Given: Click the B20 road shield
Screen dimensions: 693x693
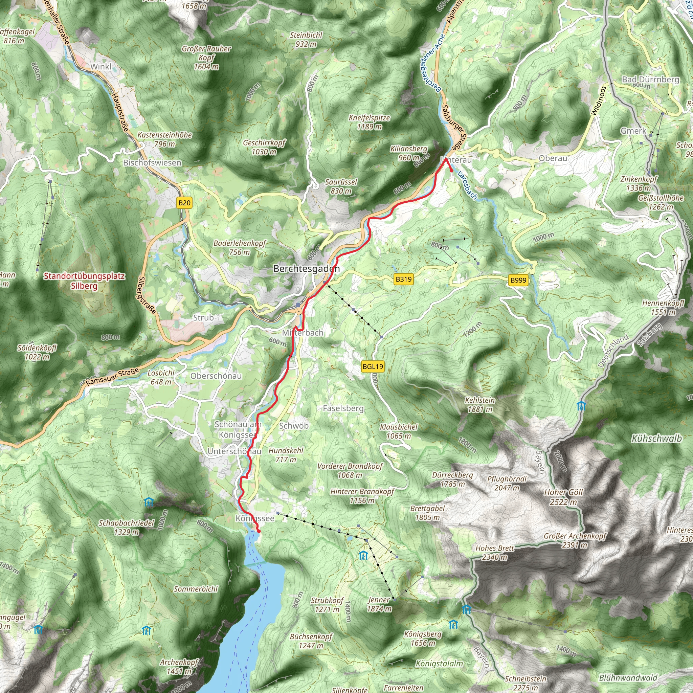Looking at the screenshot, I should (x=184, y=203).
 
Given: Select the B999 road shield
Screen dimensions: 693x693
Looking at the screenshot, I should (x=518, y=280).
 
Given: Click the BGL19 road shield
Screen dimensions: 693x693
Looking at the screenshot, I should (x=373, y=366).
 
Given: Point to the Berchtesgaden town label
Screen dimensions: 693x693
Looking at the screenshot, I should (x=306, y=269).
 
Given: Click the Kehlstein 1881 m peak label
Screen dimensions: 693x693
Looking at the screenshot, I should (x=479, y=405).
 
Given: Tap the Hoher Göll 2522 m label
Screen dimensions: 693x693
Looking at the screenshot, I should (x=563, y=497).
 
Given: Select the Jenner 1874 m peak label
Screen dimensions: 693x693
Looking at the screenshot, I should (x=379, y=604).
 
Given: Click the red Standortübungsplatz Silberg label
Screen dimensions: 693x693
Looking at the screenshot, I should (x=84, y=281).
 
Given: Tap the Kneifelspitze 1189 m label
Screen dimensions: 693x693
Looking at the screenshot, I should (x=369, y=122).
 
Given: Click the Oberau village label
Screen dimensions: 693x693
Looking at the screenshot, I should (x=553, y=158).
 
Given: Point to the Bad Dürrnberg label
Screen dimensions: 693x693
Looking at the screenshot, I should (x=650, y=79).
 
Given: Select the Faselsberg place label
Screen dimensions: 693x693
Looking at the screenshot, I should (x=343, y=408).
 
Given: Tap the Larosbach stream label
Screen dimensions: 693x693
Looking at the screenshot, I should (x=467, y=185).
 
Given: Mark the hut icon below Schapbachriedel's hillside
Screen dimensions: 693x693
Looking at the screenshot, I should (x=149, y=502).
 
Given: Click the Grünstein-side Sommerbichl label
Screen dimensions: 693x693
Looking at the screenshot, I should (x=196, y=589).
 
